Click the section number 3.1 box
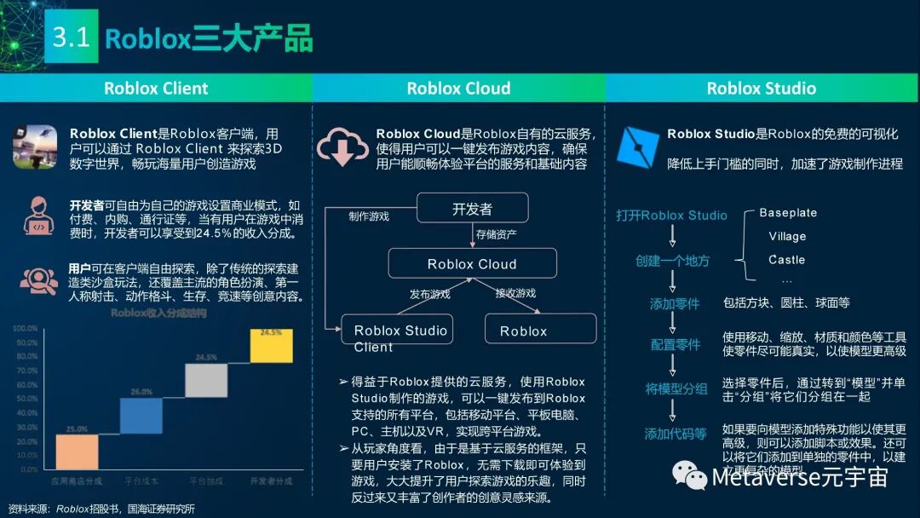point(71,38)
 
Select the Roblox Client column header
point(156,89)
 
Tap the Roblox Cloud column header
point(458,89)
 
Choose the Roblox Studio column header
point(762,89)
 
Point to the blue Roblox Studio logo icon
point(636,147)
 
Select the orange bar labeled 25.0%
point(78,452)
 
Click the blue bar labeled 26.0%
point(141,416)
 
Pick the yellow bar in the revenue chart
point(271,346)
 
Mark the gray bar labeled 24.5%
point(206,380)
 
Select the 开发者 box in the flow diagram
point(472,209)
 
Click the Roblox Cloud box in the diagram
point(472,264)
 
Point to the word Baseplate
point(788,213)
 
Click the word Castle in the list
point(786,260)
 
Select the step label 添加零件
point(674,303)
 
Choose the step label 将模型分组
point(676,389)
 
